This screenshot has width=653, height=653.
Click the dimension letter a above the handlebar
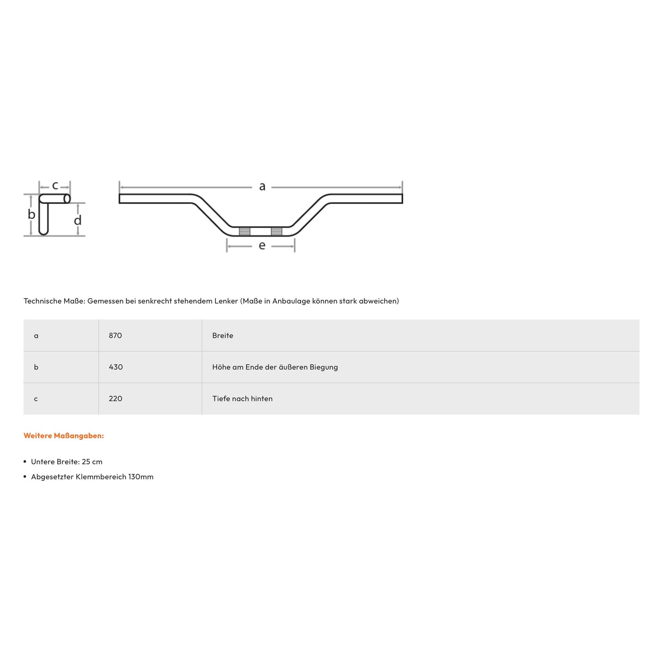pyautogui.click(x=262, y=186)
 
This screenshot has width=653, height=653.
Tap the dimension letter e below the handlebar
pyautogui.click(x=262, y=246)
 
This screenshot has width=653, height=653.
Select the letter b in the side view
pyautogui.click(x=31, y=214)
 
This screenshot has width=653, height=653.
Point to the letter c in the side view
pyautogui.click(x=55, y=185)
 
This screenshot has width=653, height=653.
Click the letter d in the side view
pyautogui.click(x=78, y=221)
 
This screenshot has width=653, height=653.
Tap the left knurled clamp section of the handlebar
pyautogui.click(x=244, y=231)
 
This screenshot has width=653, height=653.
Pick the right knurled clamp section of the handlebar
pyautogui.click(x=277, y=231)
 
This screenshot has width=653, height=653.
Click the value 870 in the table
pyautogui.click(x=115, y=335)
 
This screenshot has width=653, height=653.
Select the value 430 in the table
pyautogui.click(x=116, y=367)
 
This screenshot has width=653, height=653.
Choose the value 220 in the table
pyautogui.click(x=115, y=399)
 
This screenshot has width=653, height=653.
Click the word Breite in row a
pyautogui.click(x=223, y=335)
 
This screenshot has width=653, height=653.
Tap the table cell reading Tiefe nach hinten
pyautogui.click(x=242, y=399)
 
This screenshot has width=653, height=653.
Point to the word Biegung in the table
pyautogui.click(x=324, y=367)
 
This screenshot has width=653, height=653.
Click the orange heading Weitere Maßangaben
pyautogui.click(x=64, y=436)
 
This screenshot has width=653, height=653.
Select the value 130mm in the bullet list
pyautogui.click(x=141, y=477)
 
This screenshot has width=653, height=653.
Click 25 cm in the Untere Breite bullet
pyautogui.click(x=92, y=462)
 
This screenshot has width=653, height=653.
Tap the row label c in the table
pyautogui.click(x=36, y=399)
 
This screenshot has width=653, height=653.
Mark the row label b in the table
pyautogui.click(x=36, y=367)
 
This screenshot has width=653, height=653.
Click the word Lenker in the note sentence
pyautogui.click(x=227, y=301)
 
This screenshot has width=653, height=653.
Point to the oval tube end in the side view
pyautogui.click(x=67, y=199)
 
